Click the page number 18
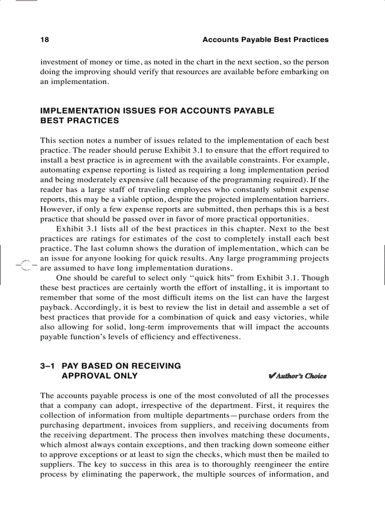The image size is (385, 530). (x=44, y=40)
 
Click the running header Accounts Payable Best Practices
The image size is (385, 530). (x=265, y=40)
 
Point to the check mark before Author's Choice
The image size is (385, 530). (x=271, y=376)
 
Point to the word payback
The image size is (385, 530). (x=56, y=307)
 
